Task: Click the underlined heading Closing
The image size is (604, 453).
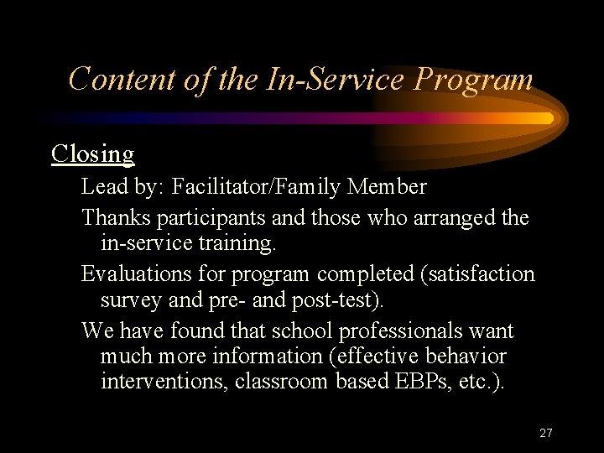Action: (92, 154)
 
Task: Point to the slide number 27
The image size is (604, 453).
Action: (546, 433)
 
